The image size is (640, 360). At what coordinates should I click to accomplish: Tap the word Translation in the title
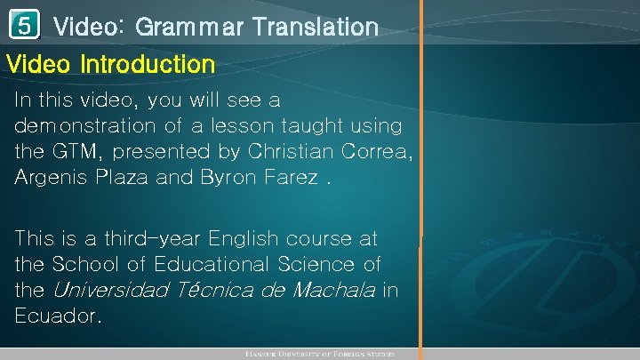[x=316, y=28]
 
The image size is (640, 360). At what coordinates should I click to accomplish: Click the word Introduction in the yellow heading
[x=148, y=65]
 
